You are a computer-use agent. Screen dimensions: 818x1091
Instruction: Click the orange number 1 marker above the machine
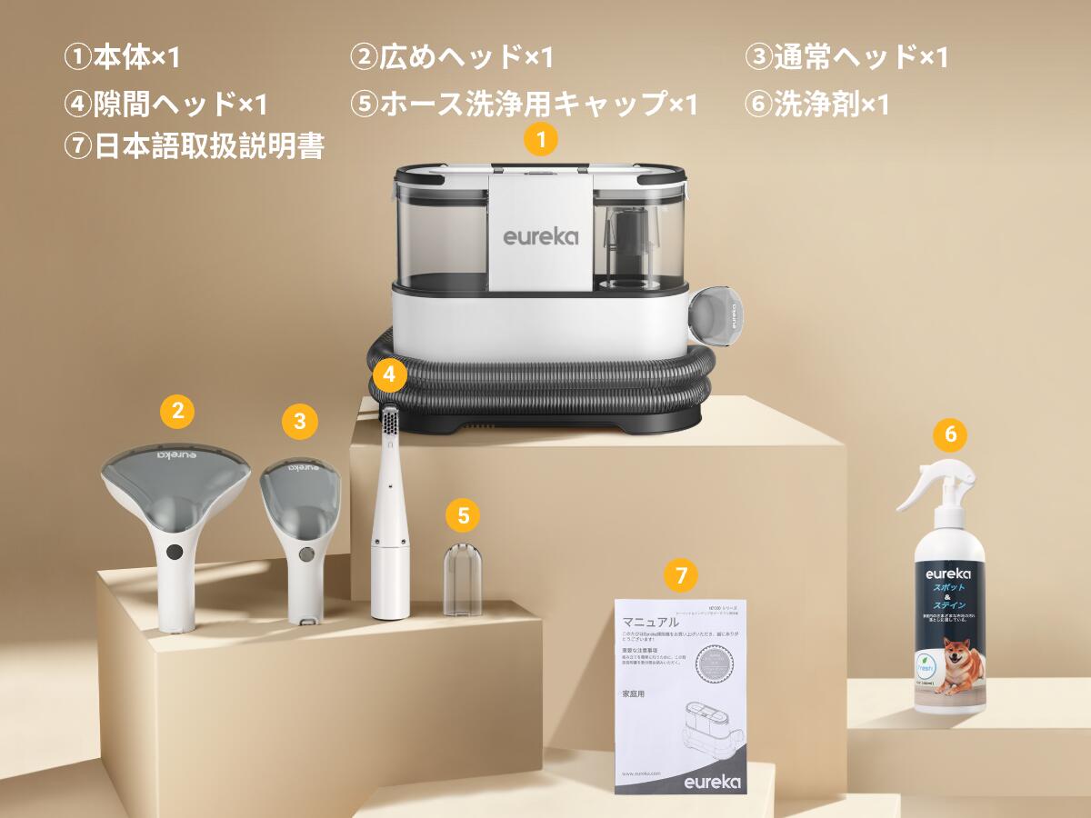542,140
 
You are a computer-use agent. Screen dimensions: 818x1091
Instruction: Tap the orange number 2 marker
177,411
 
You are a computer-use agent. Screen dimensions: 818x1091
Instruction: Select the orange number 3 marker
300,421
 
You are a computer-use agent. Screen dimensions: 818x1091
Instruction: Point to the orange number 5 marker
464,516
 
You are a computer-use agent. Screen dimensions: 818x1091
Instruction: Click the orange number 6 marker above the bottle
950,434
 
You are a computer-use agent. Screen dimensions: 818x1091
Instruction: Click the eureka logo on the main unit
540,237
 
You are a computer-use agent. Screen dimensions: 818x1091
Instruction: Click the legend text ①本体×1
123,57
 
